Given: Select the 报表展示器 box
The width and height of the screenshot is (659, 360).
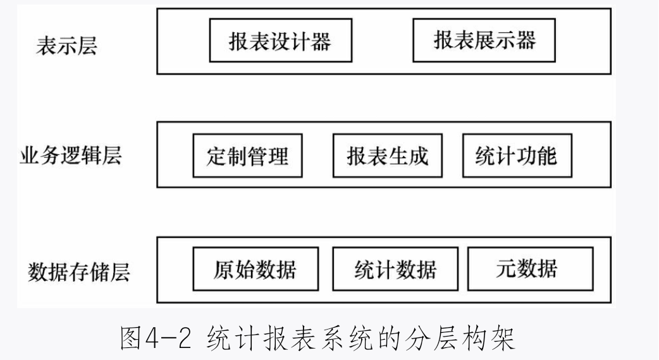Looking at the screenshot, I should (484, 41).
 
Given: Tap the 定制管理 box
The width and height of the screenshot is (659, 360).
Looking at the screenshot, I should (247, 156).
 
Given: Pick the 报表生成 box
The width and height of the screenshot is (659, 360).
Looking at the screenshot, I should (387, 156).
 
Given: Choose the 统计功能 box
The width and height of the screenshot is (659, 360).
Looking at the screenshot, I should (517, 156).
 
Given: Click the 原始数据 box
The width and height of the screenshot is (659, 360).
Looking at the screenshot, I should (254, 270).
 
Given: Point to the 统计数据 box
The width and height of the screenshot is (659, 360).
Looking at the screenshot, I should (395, 270).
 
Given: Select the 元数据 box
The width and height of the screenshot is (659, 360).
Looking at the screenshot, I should (530, 269).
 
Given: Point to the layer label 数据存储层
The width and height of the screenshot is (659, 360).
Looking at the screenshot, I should (79, 273).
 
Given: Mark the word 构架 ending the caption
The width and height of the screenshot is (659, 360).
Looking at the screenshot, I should (495, 339).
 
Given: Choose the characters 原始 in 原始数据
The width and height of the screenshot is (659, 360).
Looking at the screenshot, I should (233, 270).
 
